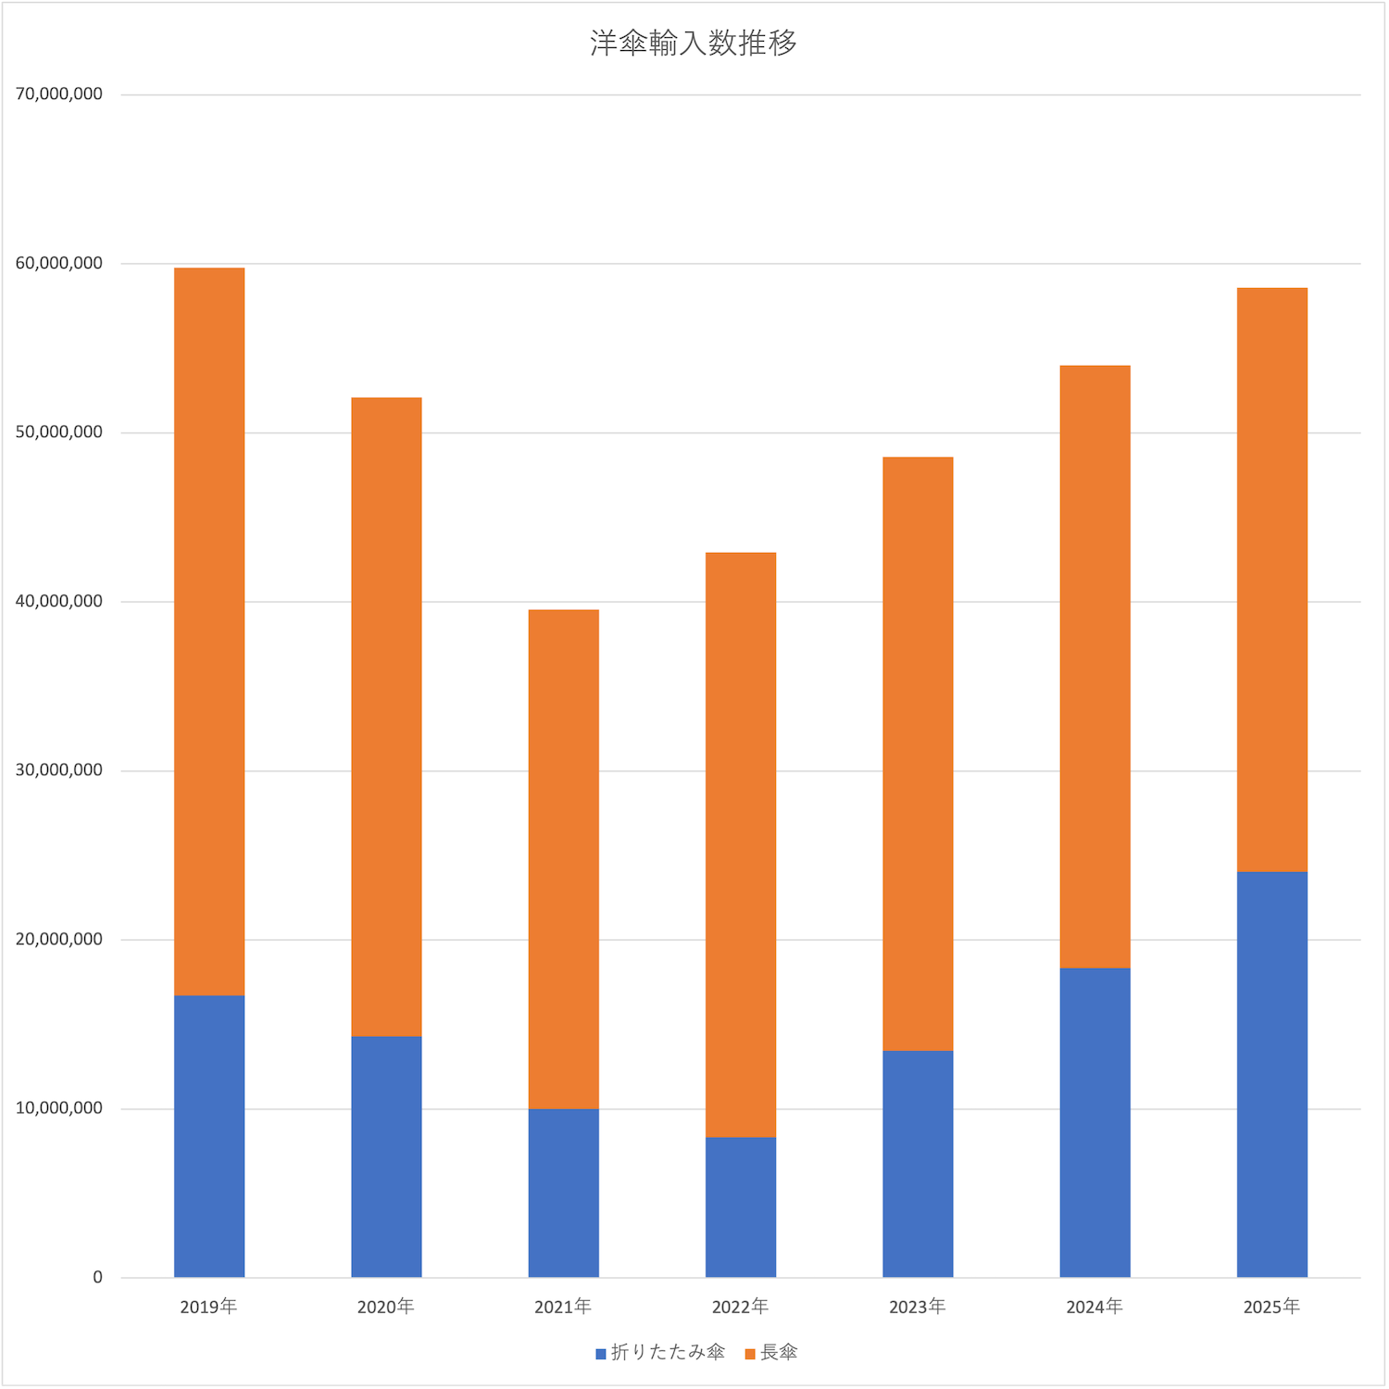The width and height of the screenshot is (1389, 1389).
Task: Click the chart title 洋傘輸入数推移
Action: pyautogui.click(x=694, y=44)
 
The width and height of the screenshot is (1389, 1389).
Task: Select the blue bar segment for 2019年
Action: pyautogui.click(x=209, y=1136)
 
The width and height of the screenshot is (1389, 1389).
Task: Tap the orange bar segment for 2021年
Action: pyautogui.click(x=563, y=859)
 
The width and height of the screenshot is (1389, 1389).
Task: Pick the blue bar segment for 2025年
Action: pyautogui.click(x=1271, y=1074)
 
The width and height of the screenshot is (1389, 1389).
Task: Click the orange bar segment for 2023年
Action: pyautogui.click(x=918, y=754)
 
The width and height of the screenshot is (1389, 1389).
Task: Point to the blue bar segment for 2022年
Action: pyautogui.click(x=741, y=1207)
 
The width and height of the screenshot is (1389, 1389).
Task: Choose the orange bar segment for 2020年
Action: pyautogui.click(x=386, y=717)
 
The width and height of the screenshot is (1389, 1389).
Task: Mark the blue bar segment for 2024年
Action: pyautogui.click(x=1095, y=1122)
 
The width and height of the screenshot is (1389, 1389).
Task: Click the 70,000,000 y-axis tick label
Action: pyautogui.click(x=59, y=94)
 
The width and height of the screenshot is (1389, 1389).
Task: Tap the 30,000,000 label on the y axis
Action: pyautogui.click(x=59, y=770)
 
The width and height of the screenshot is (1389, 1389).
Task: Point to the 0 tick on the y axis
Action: pyautogui.click(x=97, y=1278)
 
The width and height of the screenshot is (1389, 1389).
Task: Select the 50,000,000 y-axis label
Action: pyautogui.click(x=59, y=432)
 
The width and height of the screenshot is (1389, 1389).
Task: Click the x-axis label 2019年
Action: pyautogui.click(x=208, y=1307)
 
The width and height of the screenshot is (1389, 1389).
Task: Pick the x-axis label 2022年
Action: pyautogui.click(x=740, y=1307)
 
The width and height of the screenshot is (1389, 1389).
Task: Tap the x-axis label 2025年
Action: pyautogui.click(x=1271, y=1307)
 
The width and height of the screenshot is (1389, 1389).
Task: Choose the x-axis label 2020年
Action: pyautogui.click(x=385, y=1307)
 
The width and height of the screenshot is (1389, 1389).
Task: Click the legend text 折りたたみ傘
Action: pyautogui.click(x=668, y=1353)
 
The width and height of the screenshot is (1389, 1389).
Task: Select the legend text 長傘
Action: pyautogui.click(x=779, y=1353)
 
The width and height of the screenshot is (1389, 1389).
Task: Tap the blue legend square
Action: pyautogui.click(x=601, y=1354)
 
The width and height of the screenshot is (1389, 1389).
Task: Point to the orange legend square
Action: pyautogui.click(x=750, y=1354)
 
